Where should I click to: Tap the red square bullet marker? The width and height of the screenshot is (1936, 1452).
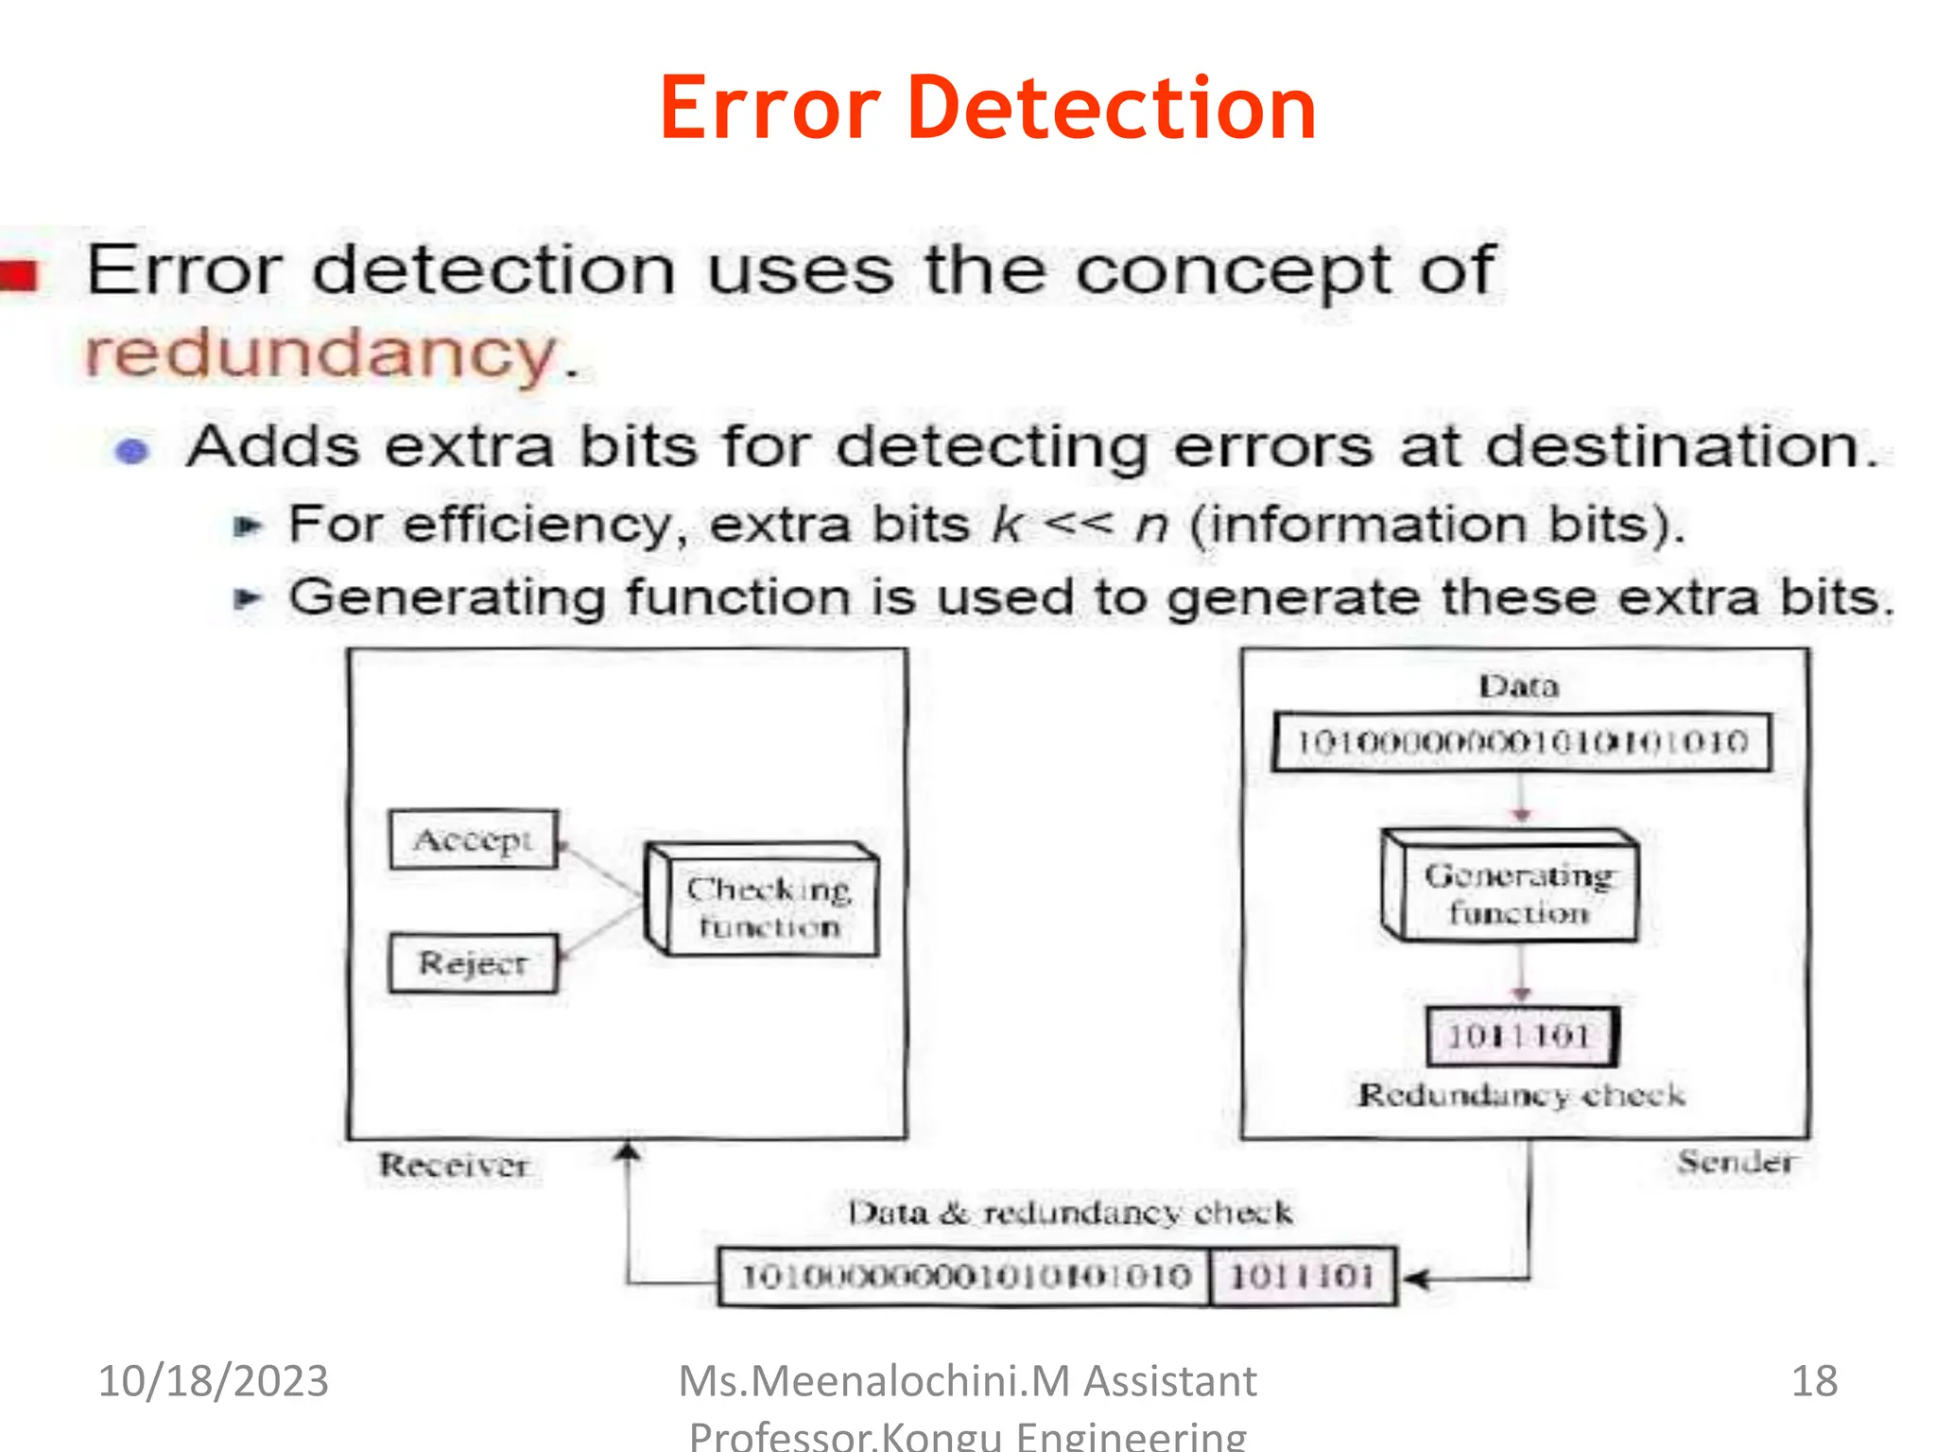click(x=21, y=275)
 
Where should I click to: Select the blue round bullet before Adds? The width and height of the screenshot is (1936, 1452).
click(x=132, y=451)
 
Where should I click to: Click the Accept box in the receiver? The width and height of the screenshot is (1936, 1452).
click(x=473, y=838)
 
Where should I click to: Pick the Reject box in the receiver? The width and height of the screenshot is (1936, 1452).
click(x=473, y=963)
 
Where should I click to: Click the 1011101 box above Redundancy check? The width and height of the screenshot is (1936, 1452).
click(x=1520, y=1036)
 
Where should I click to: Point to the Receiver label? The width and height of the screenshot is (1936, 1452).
click(x=454, y=1165)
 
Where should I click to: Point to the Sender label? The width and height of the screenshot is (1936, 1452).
click(x=1736, y=1161)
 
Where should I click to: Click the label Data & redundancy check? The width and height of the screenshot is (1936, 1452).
click(x=1069, y=1212)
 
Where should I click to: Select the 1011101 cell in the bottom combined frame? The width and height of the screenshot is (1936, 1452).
click(x=1302, y=1277)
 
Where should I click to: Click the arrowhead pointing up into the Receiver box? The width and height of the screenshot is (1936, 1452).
click(x=628, y=1151)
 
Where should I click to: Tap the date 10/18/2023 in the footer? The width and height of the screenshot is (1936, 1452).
click(x=214, y=1381)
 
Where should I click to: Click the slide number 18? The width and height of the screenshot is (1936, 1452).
click(x=1814, y=1381)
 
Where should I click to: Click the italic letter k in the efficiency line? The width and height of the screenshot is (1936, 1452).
click(x=1008, y=525)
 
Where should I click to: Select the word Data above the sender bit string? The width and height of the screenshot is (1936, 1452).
click(x=1518, y=685)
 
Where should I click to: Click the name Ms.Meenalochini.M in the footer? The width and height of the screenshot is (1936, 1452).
click(x=873, y=1381)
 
